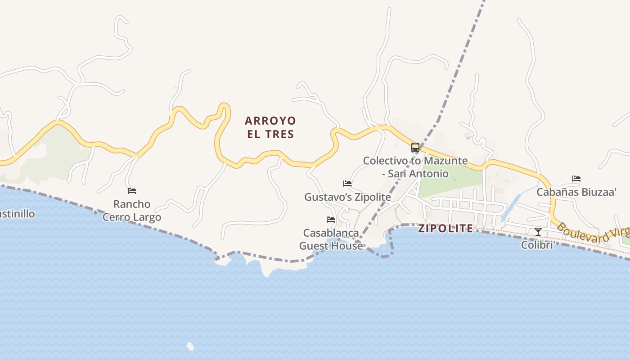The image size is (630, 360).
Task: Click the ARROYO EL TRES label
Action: tap(270, 127)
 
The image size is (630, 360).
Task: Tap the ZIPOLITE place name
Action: tap(445, 228)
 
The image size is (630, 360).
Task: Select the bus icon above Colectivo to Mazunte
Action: tap(415, 148)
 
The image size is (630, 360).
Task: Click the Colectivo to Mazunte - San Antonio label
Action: tap(415, 167)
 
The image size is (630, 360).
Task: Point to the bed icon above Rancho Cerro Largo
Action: tap(131, 191)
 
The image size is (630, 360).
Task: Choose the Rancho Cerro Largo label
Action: tap(131, 211)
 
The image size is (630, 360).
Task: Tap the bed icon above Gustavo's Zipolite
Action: tap(347, 184)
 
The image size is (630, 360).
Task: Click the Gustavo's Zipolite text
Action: tap(347, 197)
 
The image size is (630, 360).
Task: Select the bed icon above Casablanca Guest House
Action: tap(331, 220)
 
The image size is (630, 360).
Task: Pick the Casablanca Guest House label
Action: tap(331, 239)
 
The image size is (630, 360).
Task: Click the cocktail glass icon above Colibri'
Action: tap(538, 232)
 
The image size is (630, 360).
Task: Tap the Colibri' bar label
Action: tap(537, 245)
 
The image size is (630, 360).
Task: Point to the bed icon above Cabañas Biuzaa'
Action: tap(576, 179)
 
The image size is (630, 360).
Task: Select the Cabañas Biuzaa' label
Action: tap(576, 192)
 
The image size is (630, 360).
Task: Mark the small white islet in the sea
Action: tap(190, 346)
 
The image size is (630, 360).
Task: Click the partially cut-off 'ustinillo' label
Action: tap(17, 214)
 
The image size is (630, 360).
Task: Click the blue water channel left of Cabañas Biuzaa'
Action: tap(511, 207)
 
